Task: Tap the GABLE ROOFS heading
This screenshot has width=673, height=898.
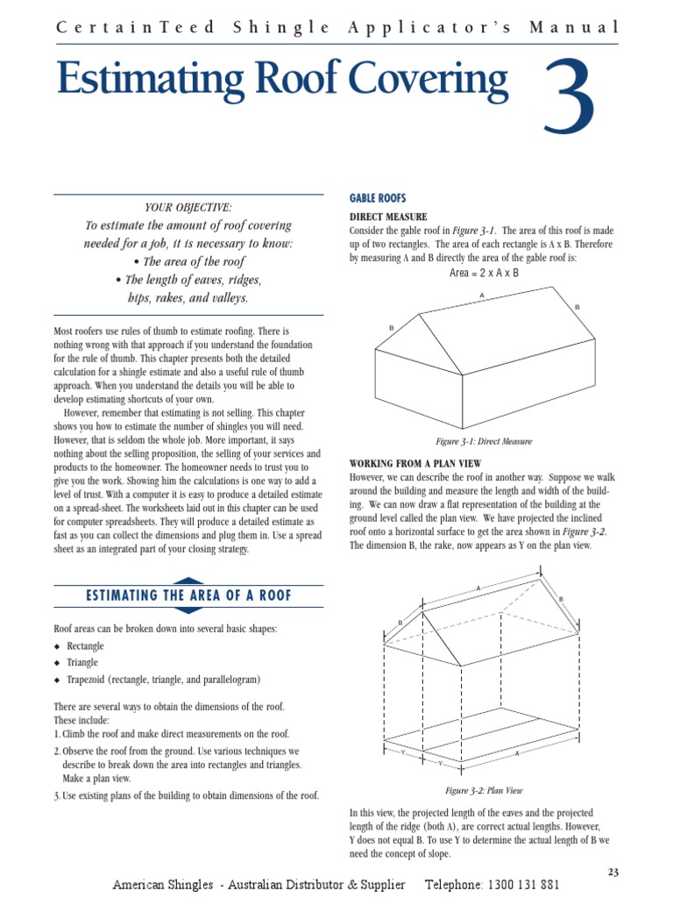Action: point(378,198)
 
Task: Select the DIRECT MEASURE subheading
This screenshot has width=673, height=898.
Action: point(388,217)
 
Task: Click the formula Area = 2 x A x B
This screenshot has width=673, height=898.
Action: point(484,273)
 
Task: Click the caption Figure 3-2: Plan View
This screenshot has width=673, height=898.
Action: point(484,790)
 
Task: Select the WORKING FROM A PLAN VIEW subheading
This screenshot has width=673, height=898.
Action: point(415,463)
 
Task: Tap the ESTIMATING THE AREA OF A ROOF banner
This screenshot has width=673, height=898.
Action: point(188,596)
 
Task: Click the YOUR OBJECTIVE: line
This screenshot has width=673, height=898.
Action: point(188,207)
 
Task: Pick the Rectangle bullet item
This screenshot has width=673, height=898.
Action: point(85,646)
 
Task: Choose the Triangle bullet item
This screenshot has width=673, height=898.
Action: point(82,663)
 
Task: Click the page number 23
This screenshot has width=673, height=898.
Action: point(613,871)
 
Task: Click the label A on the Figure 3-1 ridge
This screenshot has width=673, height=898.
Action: point(481,296)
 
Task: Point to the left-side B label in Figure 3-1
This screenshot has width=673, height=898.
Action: point(391,327)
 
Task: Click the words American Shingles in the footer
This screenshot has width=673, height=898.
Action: point(163,885)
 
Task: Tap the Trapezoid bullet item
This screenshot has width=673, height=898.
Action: point(164,680)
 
